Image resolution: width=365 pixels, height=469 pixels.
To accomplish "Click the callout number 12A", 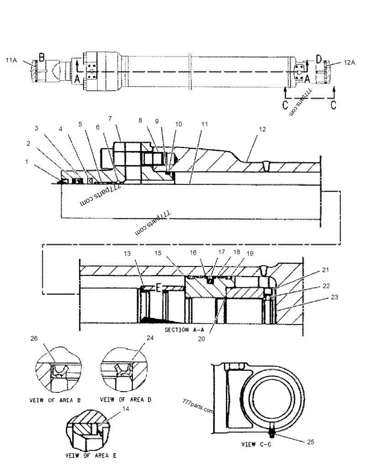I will click(349, 63).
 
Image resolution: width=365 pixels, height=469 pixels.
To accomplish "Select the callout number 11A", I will click(11, 60).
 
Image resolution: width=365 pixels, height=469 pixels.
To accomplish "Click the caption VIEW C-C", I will click(257, 444).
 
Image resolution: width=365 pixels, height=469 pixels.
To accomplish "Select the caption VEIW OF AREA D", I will click(126, 400).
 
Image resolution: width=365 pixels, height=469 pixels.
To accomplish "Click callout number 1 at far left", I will click(27, 162).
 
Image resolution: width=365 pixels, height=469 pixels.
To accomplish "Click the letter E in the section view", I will click(158, 288).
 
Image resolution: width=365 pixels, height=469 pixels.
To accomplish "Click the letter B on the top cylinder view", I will click(41, 57).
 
